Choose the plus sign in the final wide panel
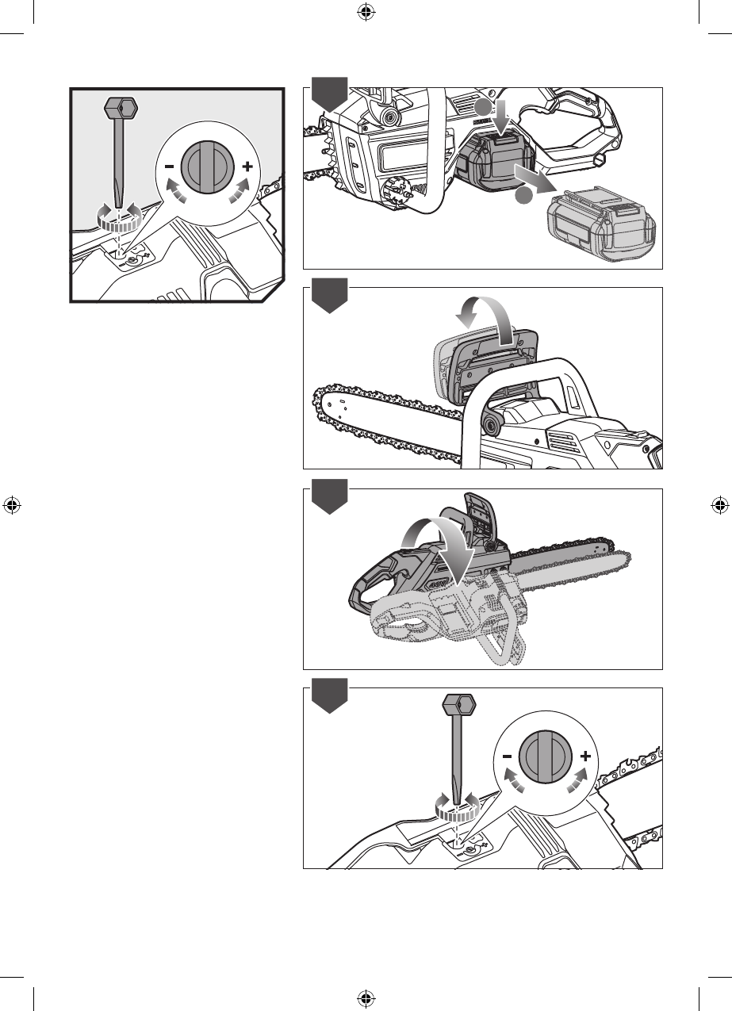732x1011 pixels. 584,757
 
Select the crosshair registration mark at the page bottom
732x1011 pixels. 365,999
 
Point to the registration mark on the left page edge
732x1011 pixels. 11,505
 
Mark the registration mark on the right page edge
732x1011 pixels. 719,505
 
